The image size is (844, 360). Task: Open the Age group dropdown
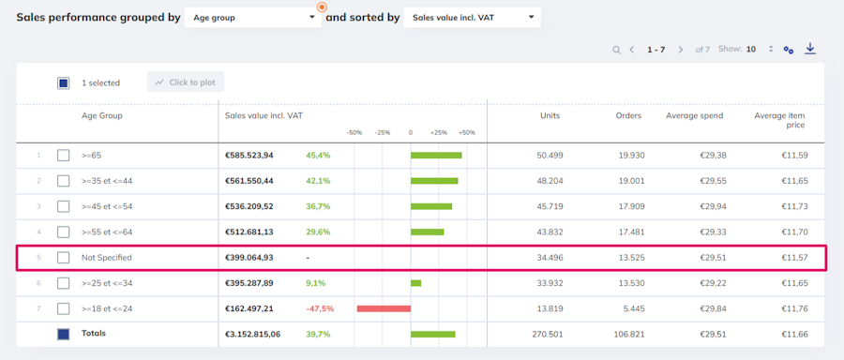[x=252, y=17]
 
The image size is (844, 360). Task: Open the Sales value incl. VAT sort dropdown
[x=472, y=17]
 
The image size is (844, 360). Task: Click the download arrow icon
[x=810, y=49]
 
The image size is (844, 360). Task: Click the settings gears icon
[x=789, y=50]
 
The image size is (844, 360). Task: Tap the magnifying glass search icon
[x=616, y=50]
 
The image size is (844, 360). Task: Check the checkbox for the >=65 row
[x=64, y=156]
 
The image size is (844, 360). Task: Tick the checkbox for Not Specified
[x=64, y=258]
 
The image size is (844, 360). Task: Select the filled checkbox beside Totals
[x=64, y=334]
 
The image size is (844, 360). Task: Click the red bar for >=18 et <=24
[x=384, y=308]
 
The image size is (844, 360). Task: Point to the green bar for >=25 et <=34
[x=415, y=283]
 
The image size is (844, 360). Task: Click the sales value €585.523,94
[x=249, y=156]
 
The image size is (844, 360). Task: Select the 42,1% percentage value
[x=318, y=181]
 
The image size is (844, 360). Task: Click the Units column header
[x=550, y=115]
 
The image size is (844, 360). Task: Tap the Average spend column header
[x=694, y=115]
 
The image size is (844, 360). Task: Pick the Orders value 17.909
[x=631, y=206]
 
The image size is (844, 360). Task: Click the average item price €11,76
[x=795, y=308]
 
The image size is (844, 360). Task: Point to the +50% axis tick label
[x=467, y=132]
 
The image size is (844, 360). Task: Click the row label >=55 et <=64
[x=107, y=232]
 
